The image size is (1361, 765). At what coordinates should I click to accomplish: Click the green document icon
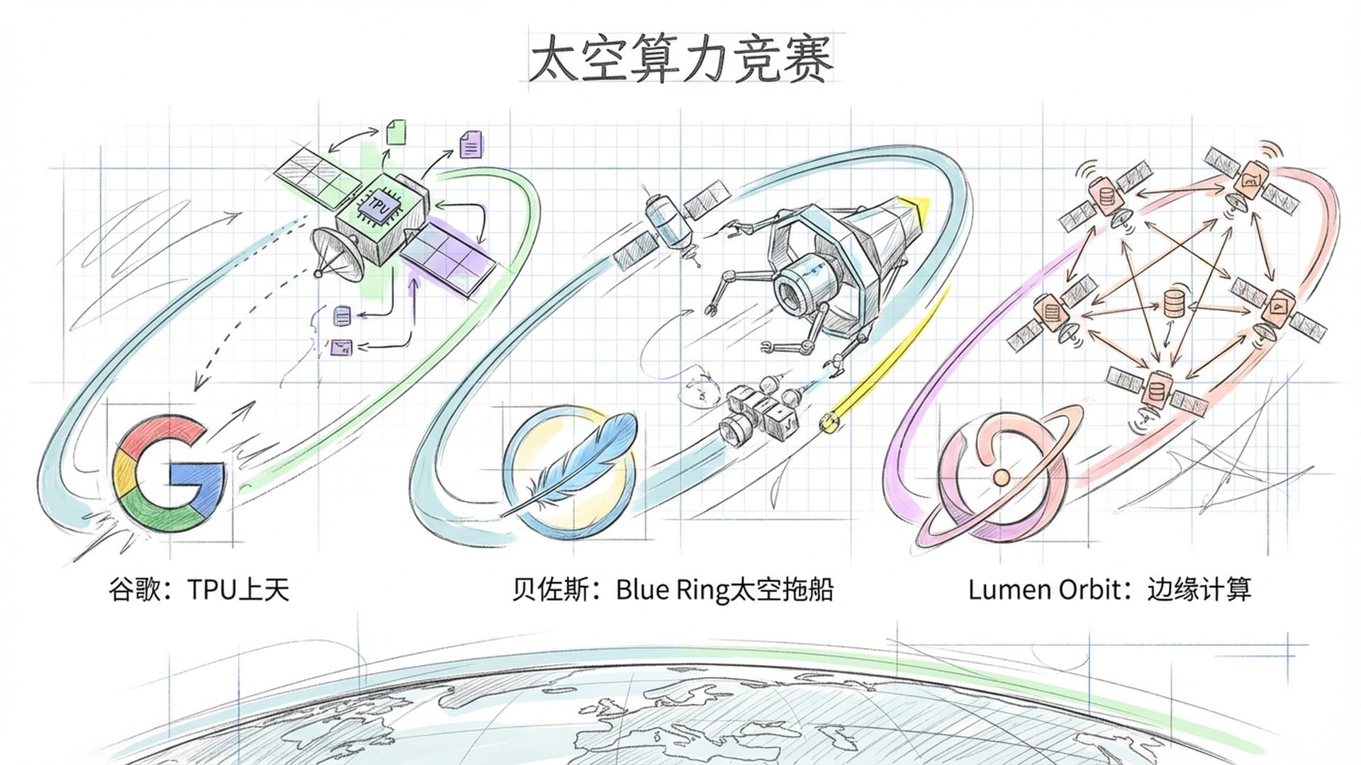396,132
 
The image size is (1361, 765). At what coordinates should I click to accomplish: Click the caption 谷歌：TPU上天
199,589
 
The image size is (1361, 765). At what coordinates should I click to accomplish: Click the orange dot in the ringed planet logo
1001,477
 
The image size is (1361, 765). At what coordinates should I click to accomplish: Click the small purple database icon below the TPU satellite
342,315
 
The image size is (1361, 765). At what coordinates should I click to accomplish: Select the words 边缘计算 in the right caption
1199,589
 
